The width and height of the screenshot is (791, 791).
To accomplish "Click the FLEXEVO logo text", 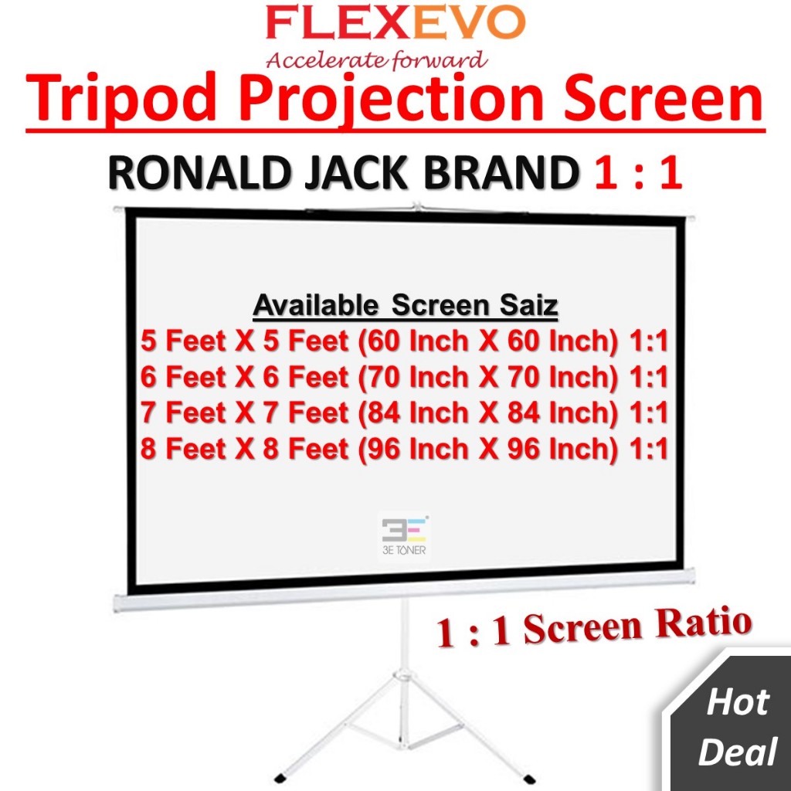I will pyautogui.click(x=395, y=25).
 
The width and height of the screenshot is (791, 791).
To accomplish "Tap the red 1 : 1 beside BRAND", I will pyautogui.click(x=638, y=175).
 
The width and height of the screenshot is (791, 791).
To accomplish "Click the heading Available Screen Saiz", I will pyautogui.click(x=405, y=307).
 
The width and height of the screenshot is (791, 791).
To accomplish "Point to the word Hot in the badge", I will pyautogui.click(x=738, y=704).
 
